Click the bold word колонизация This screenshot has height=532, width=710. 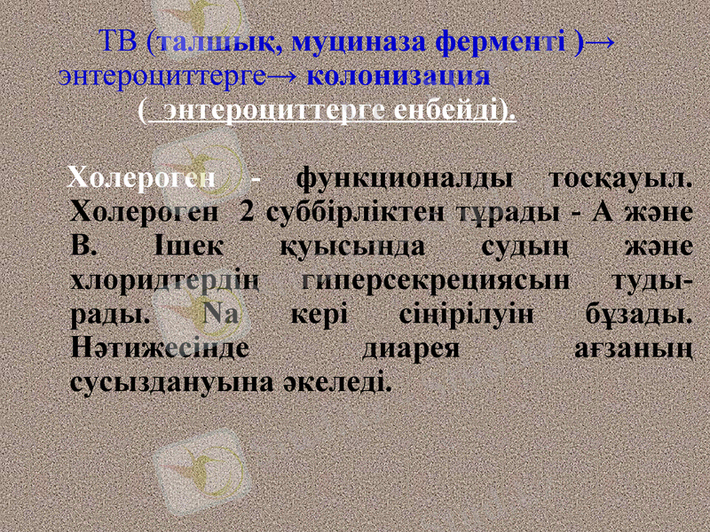[x=398, y=74]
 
